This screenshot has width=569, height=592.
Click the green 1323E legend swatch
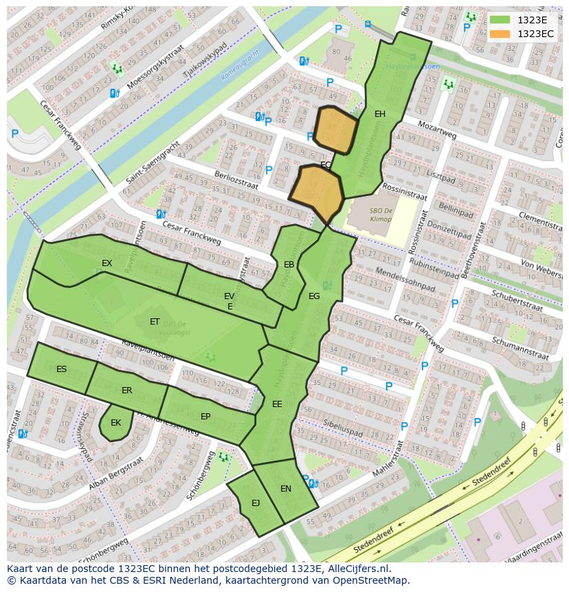point(500,20)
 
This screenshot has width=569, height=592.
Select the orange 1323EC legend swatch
point(500,34)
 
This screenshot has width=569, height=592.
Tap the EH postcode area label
point(380,114)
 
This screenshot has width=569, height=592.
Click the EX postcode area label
point(107,263)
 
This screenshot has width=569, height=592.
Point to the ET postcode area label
point(155,322)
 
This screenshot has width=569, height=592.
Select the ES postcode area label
point(62,369)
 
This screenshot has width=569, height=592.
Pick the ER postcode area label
point(126,391)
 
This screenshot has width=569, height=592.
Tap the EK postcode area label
point(115,423)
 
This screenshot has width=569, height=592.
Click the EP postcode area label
point(205,417)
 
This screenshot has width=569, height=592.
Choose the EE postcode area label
point(277,404)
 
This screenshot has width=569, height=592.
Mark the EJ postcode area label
point(256,503)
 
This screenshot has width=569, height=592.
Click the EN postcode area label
point(286,489)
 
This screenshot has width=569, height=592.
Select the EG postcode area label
point(314,296)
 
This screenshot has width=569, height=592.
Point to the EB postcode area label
point(289,265)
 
